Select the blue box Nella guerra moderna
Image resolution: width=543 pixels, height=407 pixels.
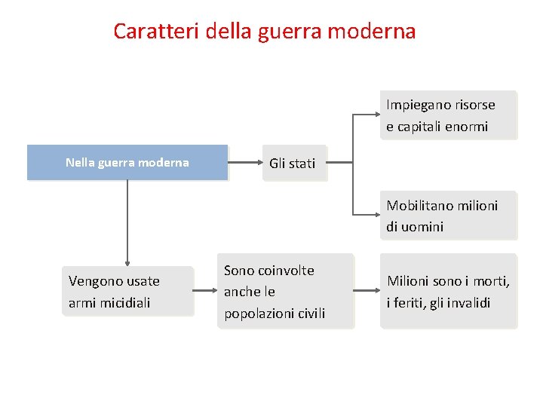point(127,163)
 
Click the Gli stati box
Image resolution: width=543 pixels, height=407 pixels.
point(292,163)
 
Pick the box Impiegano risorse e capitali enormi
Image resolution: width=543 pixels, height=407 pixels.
point(449,115)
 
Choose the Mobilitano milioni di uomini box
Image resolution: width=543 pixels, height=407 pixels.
point(449,216)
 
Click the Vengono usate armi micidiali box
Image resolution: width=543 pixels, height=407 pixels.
point(127,292)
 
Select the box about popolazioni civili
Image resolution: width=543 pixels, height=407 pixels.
point(286,292)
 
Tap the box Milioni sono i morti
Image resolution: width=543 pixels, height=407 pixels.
point(449,292)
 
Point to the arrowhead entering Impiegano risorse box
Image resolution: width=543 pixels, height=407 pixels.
point(376,115)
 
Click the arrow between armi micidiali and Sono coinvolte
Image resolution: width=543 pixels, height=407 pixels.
point(206,291)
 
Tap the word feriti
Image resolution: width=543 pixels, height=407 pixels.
point(410,303)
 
